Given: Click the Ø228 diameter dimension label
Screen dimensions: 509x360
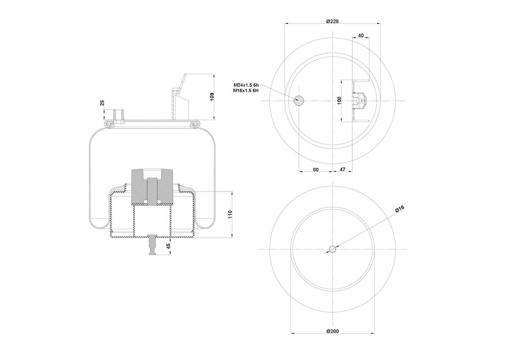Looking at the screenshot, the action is (332, 21).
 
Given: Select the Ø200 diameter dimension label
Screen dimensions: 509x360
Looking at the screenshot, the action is (332, 331).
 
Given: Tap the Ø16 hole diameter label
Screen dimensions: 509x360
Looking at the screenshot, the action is (399, 209).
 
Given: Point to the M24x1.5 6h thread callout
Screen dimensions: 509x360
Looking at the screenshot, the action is (246, 85).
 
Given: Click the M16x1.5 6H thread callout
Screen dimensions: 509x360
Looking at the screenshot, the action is (246, 90).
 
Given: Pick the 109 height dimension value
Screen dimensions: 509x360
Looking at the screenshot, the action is (212, 96).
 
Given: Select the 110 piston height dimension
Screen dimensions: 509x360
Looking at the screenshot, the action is (230, 214).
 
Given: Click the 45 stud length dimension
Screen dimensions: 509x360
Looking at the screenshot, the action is (169, 246).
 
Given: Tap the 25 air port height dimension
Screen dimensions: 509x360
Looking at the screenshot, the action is (102, 103).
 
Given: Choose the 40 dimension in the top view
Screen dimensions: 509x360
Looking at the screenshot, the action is (361, 35).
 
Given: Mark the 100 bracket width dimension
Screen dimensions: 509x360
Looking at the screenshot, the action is (339, 100).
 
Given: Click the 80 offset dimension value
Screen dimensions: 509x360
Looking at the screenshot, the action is (316, 170).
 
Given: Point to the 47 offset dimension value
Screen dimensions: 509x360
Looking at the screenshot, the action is (342, 170).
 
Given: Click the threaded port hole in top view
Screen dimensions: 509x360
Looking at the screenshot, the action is (298, 100).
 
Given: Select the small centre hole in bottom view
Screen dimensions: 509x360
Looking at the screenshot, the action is (333, 249).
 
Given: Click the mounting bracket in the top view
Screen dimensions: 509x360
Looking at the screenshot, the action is (360, 100).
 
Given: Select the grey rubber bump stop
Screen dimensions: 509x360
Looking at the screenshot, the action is (152, 187).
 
